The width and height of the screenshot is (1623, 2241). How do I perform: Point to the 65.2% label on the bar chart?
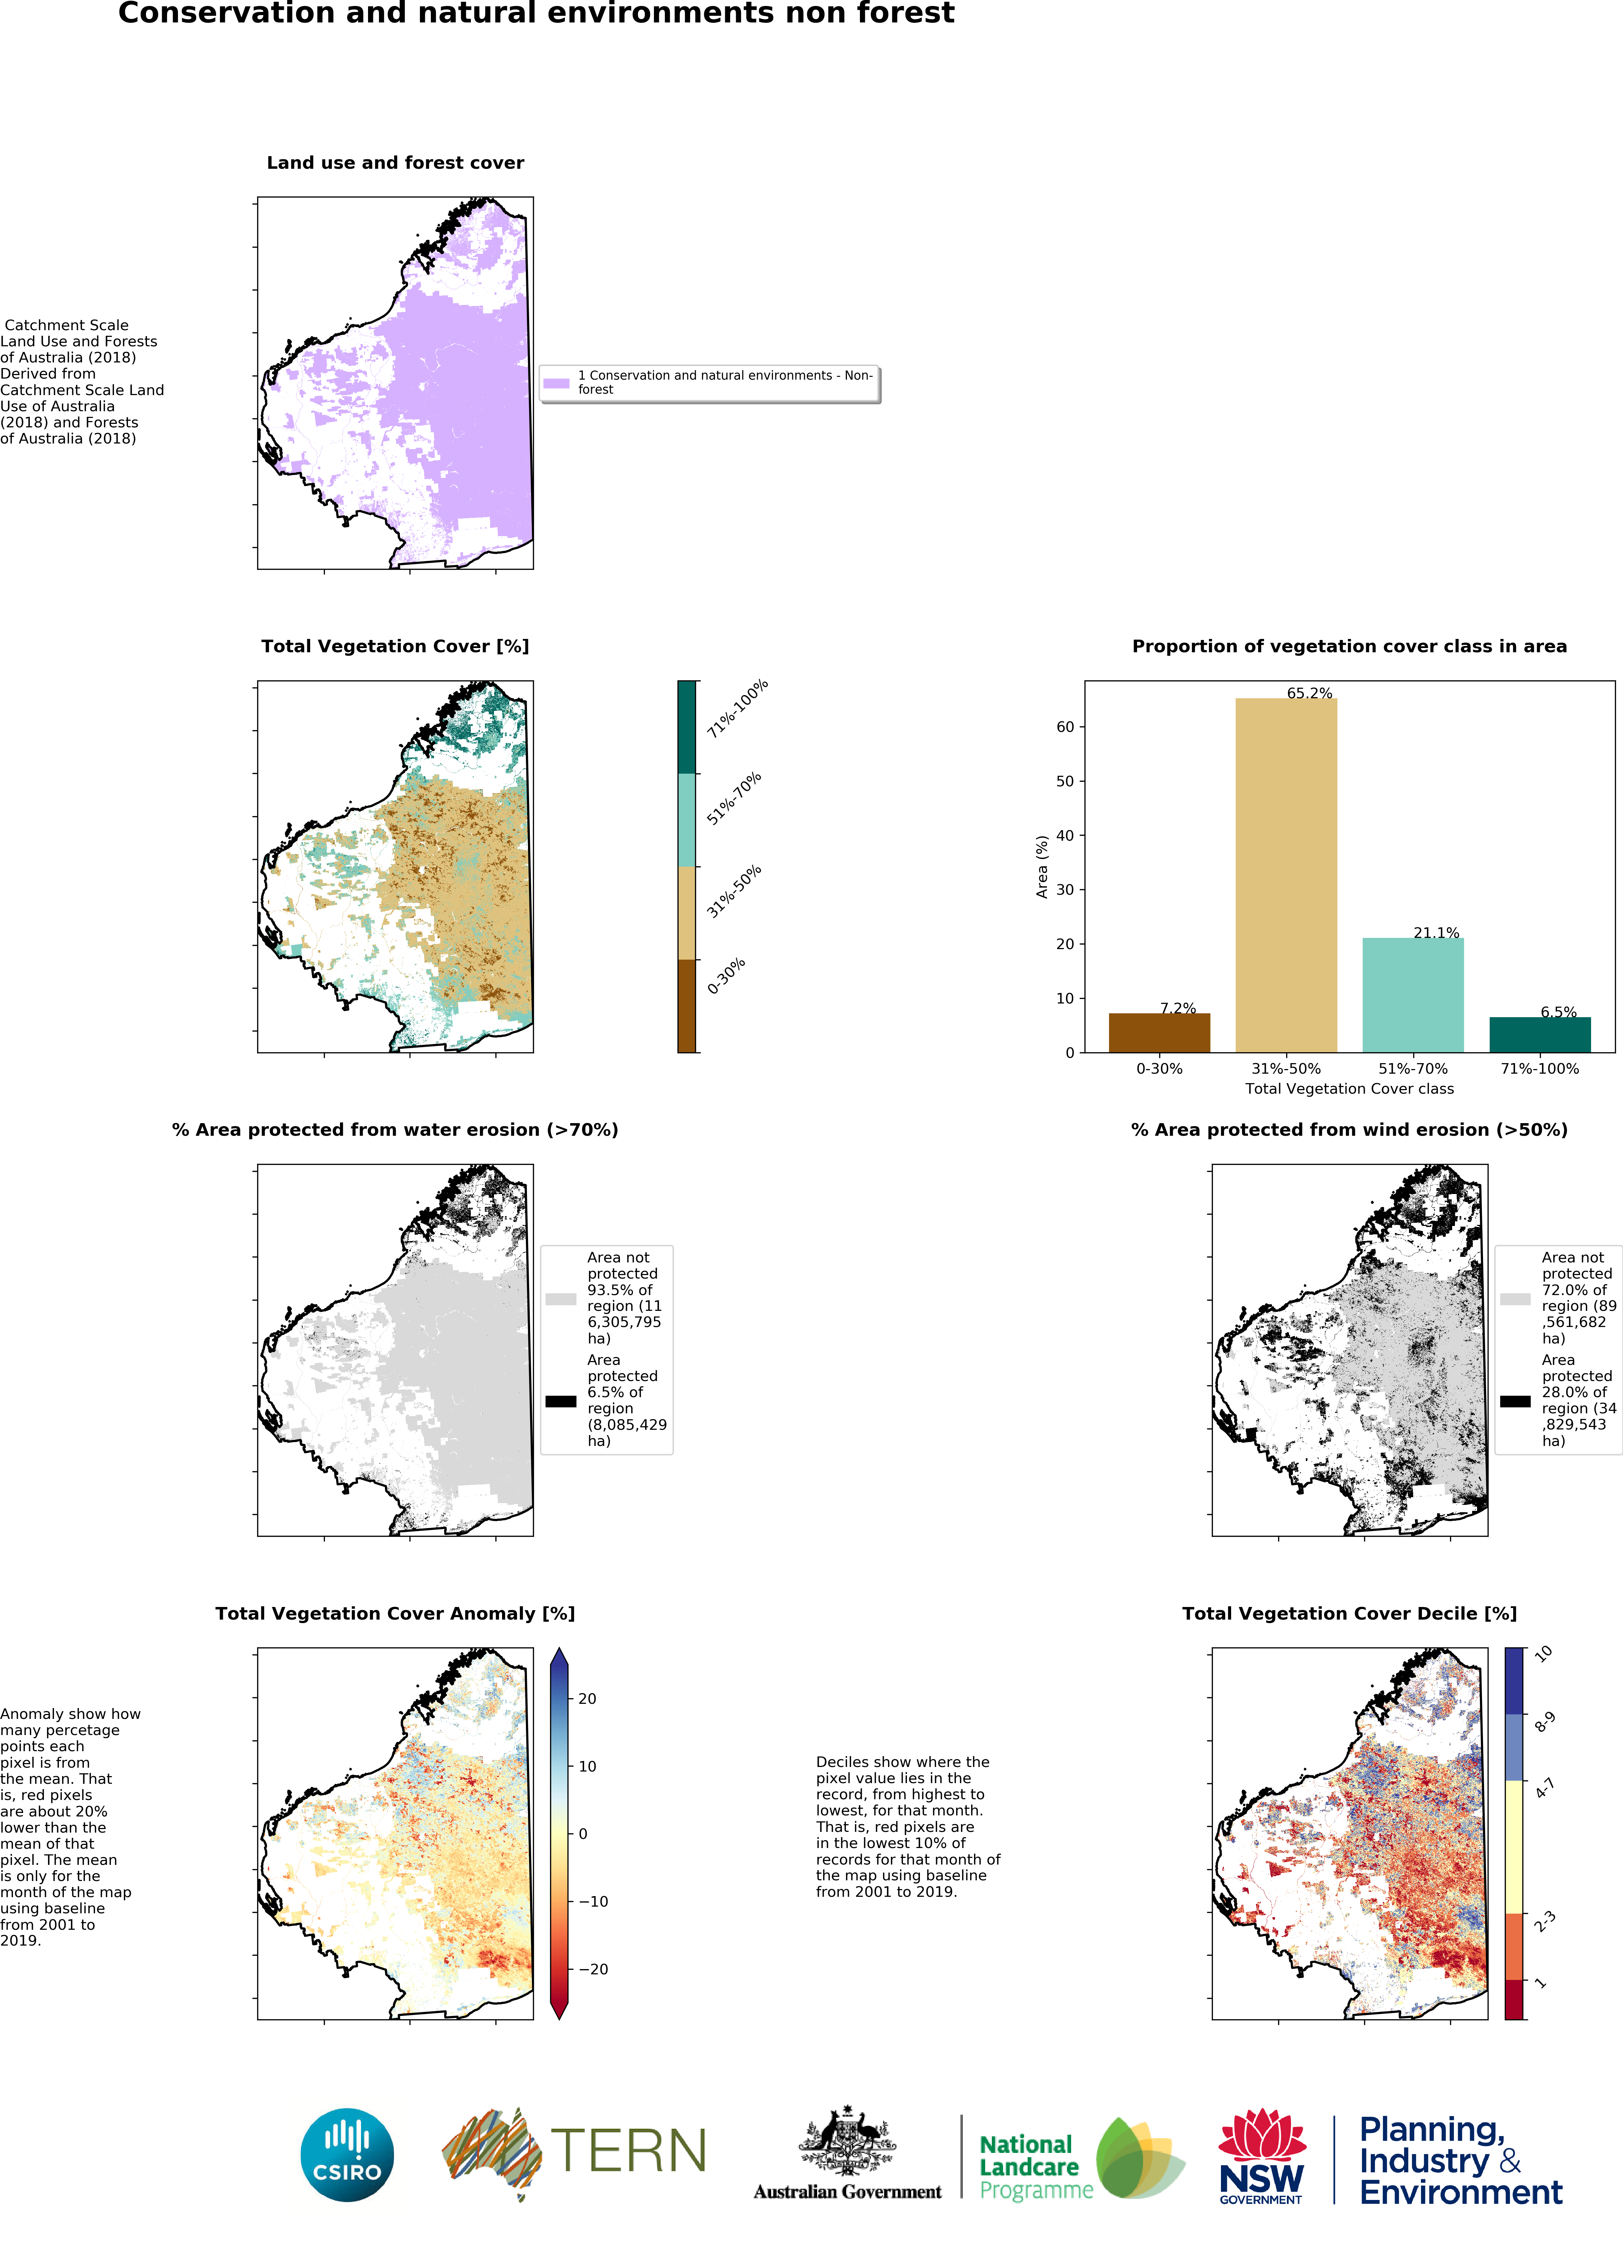(1309, 693)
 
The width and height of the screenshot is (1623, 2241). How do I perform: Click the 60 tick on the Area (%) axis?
(1065, 726)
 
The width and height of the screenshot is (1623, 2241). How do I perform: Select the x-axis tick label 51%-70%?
(1412, 1068)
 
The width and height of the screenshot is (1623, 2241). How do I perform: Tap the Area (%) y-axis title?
(1041, 867)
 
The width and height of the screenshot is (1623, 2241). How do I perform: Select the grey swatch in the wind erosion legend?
(1514, 1298)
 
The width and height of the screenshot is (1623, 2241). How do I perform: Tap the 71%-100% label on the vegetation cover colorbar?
(737, 708)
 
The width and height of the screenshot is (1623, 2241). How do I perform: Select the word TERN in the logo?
(628, 2151)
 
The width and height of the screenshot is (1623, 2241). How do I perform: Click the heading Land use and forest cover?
(395, 163)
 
